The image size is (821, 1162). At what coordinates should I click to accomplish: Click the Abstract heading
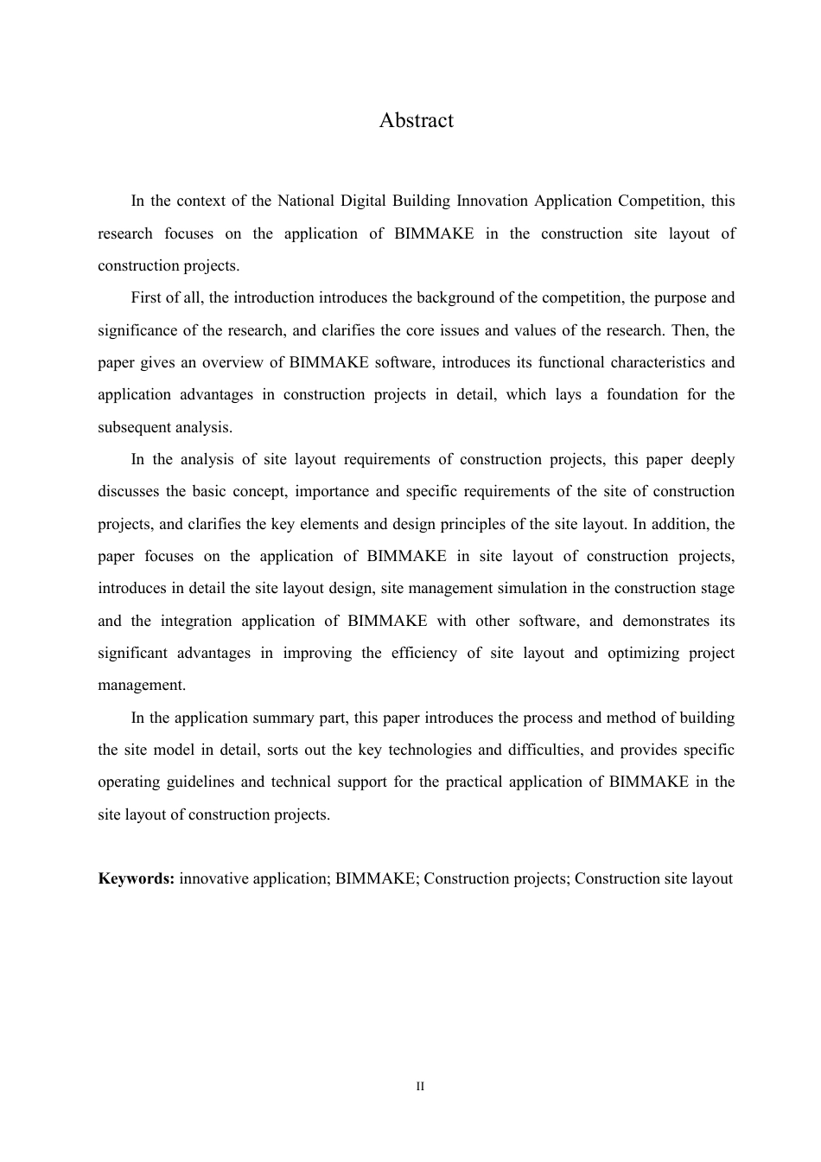(416, 120)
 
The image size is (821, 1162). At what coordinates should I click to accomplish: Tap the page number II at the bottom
(420, 1086)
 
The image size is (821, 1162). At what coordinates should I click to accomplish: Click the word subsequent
(135, 427)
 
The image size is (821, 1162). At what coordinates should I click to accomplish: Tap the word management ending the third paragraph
(141, 685)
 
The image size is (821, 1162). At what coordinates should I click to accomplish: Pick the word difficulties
(544, 750)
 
